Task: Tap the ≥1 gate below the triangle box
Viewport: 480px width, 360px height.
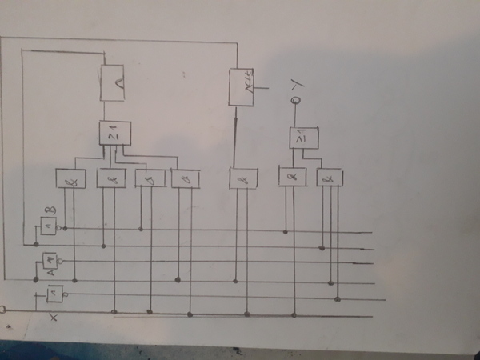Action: [x=114, y=134]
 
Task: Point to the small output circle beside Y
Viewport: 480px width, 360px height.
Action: [x=294, y=101]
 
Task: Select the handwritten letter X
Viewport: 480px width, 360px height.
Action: [x=54, y=318]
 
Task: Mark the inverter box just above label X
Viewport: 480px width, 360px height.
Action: [x=54, y=296]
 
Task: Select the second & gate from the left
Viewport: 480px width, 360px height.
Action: [x=110, y=178]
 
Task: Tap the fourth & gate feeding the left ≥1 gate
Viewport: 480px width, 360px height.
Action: [x=185, y=178]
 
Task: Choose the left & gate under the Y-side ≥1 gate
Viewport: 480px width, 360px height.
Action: [x=291, y=177]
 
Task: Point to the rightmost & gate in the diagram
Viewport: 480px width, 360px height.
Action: [x=329, y=178]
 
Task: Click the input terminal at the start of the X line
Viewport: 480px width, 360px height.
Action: [x=2, y=308]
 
